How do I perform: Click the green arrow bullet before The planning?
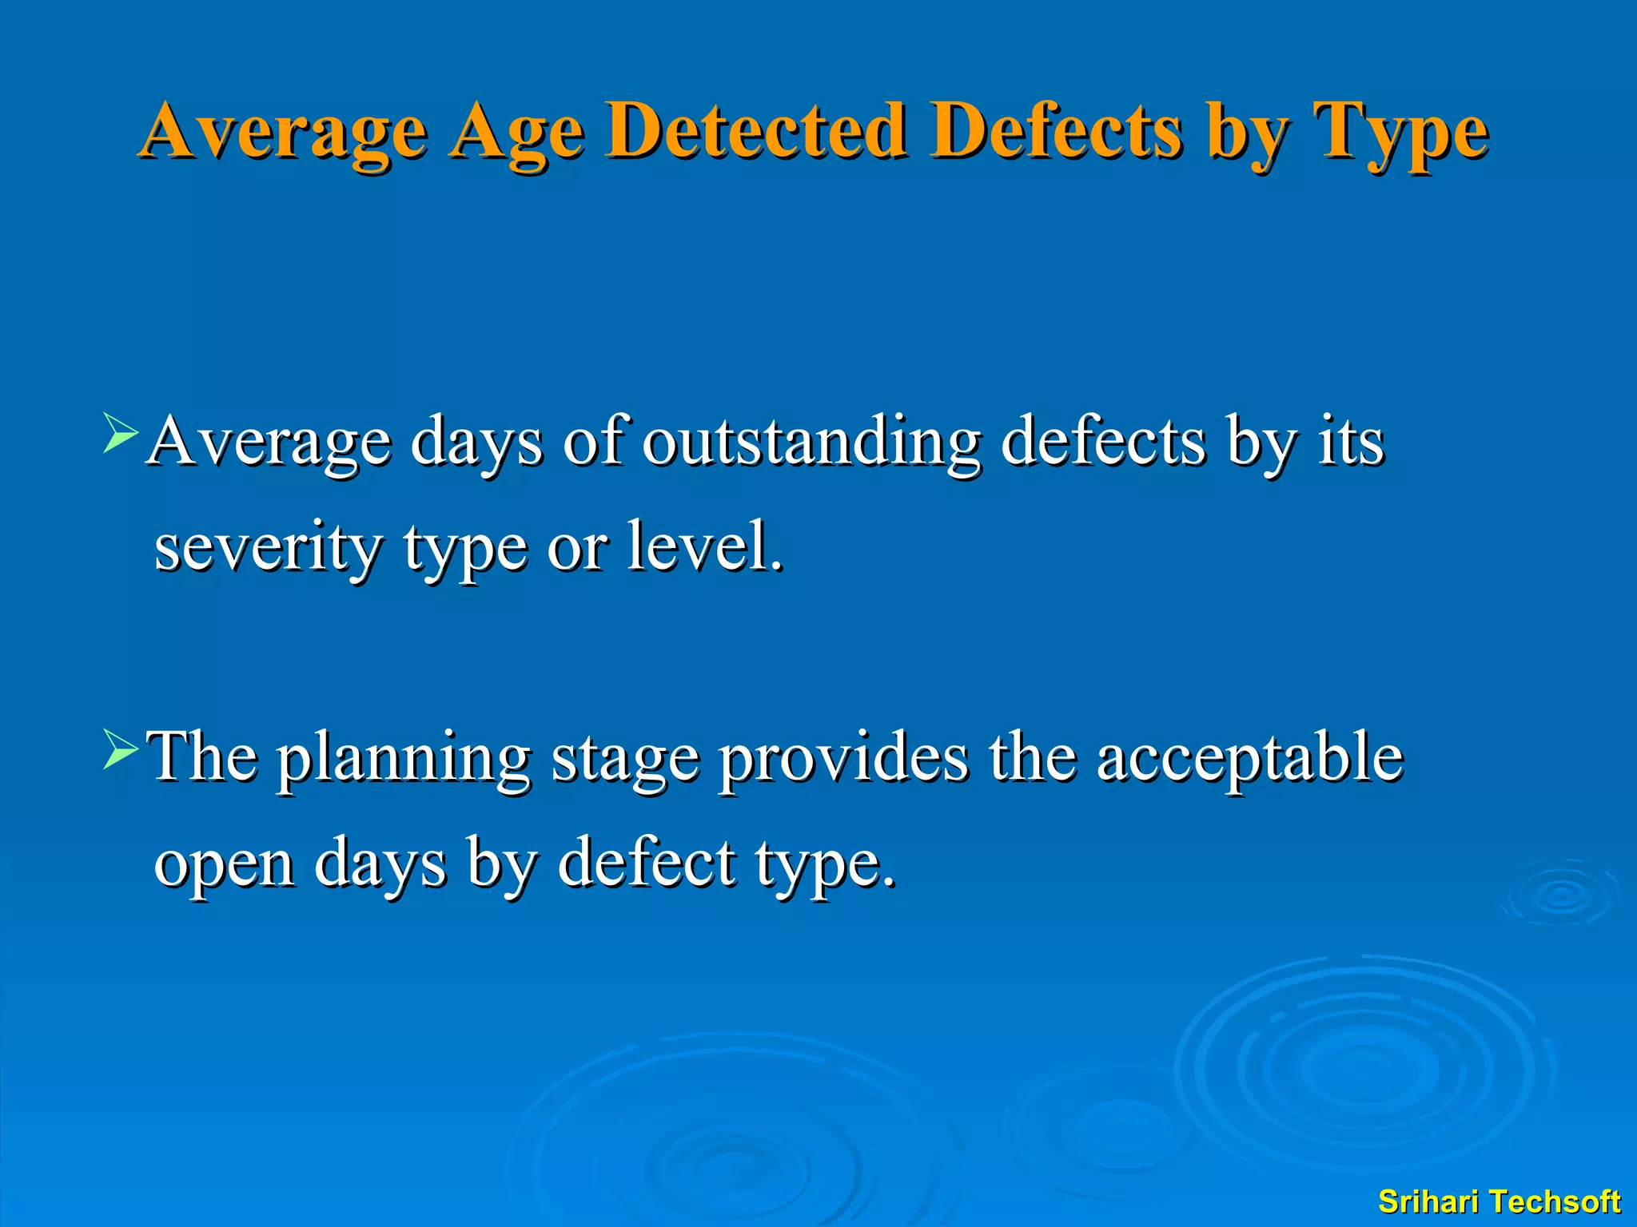pos(121,749)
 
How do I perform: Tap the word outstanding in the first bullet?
pos(811,443)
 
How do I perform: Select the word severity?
pos(268,550)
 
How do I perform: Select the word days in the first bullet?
pos(476,443)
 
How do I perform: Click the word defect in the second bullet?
pos(646,864)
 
